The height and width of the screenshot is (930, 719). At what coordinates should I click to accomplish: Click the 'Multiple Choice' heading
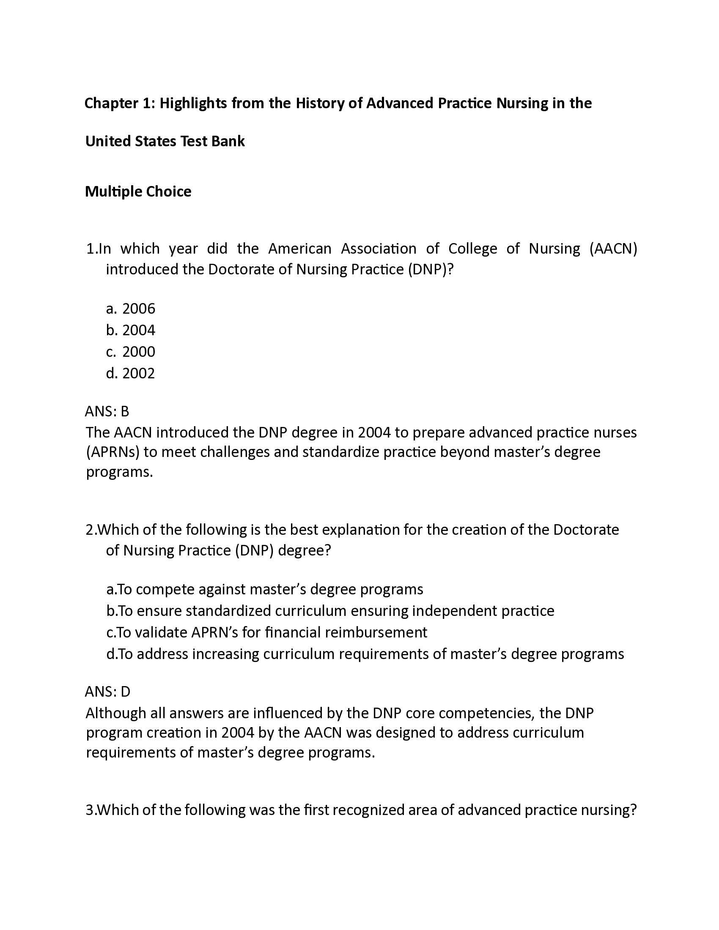[x=138, y=191]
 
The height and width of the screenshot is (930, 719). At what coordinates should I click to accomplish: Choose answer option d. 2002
[x=130, y=373]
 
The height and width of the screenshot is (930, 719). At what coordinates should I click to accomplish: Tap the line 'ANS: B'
[x=107, y=411]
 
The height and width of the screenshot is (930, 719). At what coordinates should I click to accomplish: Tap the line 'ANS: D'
[x=107, y=692]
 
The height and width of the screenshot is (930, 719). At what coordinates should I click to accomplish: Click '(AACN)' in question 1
[x=613, y=249]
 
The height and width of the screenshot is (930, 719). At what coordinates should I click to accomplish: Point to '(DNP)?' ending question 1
[x=431, y=270]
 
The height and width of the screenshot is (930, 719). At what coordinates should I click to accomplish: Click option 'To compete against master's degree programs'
[x=265, y=589]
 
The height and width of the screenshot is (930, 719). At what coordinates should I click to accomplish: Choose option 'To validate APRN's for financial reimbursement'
[x=267, y=632]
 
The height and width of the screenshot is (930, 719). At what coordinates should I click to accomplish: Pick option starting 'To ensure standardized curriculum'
[x=331, y=611]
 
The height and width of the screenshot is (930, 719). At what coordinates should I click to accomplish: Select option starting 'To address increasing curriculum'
[x=365, y=654]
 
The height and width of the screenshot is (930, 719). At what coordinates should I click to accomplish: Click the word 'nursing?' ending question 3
[x=609, y=810]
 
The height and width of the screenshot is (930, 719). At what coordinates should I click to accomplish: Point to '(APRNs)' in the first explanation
[x=113, y=452]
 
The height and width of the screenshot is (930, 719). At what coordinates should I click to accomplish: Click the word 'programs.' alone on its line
[x=119, y=472]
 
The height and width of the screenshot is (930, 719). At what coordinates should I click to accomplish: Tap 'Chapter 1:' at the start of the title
[x=120, y=104]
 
